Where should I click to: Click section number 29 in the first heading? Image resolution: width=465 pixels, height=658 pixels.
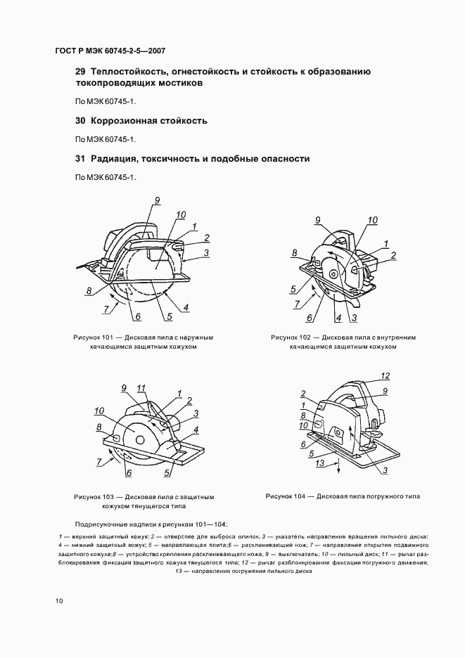click(x=79, y=72)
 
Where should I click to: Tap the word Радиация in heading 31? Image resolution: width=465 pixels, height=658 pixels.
click(x=117, y=159)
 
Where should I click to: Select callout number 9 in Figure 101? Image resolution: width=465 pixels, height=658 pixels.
click(x=158, y=201)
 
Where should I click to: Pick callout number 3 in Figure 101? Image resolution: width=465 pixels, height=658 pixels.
click(x=206, y=252)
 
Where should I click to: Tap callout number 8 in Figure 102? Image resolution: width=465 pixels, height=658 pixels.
click(x=295, y=252)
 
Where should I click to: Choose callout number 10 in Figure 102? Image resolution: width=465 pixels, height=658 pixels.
click(x=372, y=220)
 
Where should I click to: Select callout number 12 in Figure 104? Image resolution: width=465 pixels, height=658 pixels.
click(x=385, y=375)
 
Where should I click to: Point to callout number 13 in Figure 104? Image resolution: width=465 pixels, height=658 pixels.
click(x=319, y=465)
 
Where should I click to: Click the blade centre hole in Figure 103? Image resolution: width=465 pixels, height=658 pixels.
click(x=138, y=439)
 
